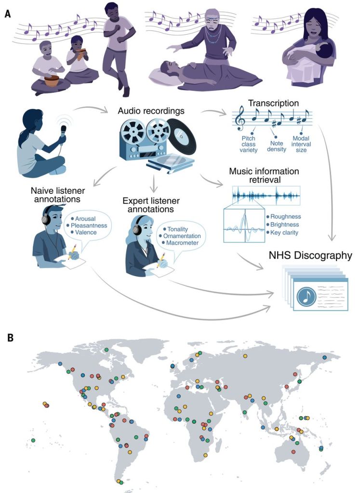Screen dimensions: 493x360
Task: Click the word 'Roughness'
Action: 286,216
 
